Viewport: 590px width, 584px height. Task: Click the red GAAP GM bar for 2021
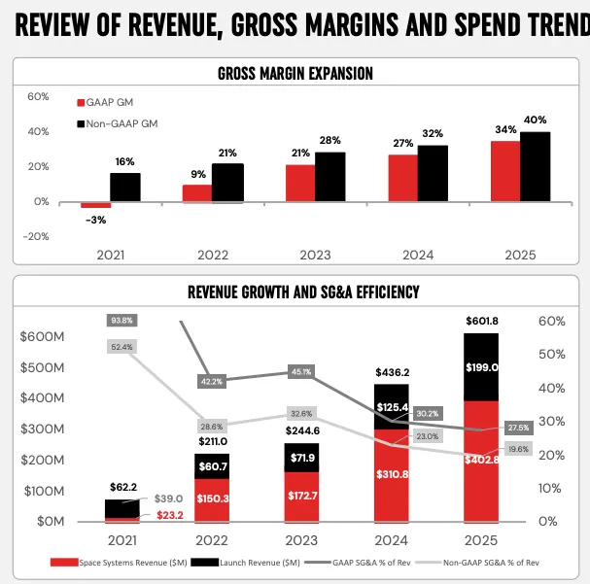click(x=95, y=205)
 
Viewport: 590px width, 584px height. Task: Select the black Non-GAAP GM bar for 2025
click(x=535, y=166)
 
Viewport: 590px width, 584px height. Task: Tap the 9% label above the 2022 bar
click(x=197, y=175)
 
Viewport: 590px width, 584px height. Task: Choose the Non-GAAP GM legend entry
click(x=116, y=123)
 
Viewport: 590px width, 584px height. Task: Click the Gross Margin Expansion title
click(x=295, y=74)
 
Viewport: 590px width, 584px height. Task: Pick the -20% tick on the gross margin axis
click(x=36, y=236)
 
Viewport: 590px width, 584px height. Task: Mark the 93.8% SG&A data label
click(x=122, y=320)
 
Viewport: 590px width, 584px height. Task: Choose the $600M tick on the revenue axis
click(x=42, y=336)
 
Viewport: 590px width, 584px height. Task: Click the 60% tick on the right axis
click(x=552, y=321)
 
